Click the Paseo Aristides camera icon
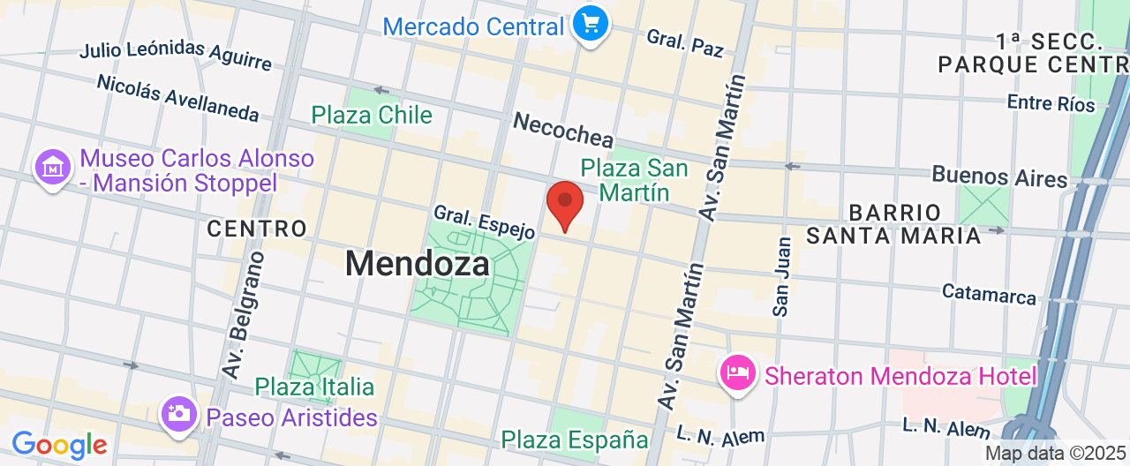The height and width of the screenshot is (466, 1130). coord(178,413)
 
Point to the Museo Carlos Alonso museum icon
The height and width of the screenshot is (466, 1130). coord(53,168)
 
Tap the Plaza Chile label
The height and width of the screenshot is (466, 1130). coord(372,116)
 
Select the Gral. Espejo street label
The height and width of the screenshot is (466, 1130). coord(484,222)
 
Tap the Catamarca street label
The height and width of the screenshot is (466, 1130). coord(989,294)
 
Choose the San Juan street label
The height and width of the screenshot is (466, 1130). coord(781,275)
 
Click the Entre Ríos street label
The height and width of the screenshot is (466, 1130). coord(1051,103)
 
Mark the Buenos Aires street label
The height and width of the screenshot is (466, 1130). coord(999,177)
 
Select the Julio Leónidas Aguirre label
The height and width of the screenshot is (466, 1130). coord(175,55)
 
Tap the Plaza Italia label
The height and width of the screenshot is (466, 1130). coord(314,387)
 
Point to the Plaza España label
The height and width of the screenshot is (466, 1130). coord(575,440)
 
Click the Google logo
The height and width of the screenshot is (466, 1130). coord(59,444)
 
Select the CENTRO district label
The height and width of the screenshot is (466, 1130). coord(256,229)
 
